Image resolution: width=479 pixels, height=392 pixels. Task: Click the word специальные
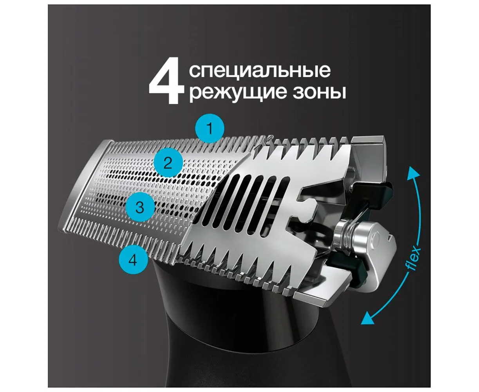point(260,71)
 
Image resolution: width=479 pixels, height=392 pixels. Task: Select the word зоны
point(319,92)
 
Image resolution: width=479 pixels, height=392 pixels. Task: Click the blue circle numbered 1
point(210,128)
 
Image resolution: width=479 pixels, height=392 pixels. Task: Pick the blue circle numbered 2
point(168,162)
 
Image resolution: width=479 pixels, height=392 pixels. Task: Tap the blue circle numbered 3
point(140,207)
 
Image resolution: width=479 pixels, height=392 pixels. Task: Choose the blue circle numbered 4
point(133,259)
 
